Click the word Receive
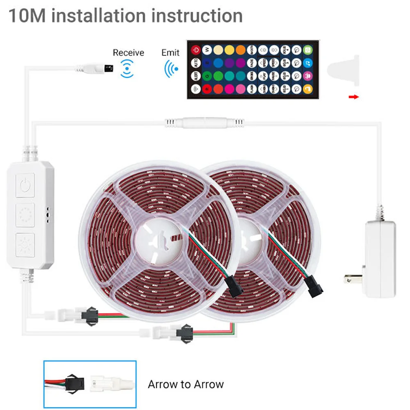[x=128, y=52]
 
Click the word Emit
[x=170, y=52]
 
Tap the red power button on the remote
[x=196, y=50]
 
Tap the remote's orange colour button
[x=241, y=50]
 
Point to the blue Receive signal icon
[x=128, y=68]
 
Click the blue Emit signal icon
[x=171, y=68]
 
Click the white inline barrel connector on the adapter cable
[x=201, y=123]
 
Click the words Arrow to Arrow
[x=186, y=384]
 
